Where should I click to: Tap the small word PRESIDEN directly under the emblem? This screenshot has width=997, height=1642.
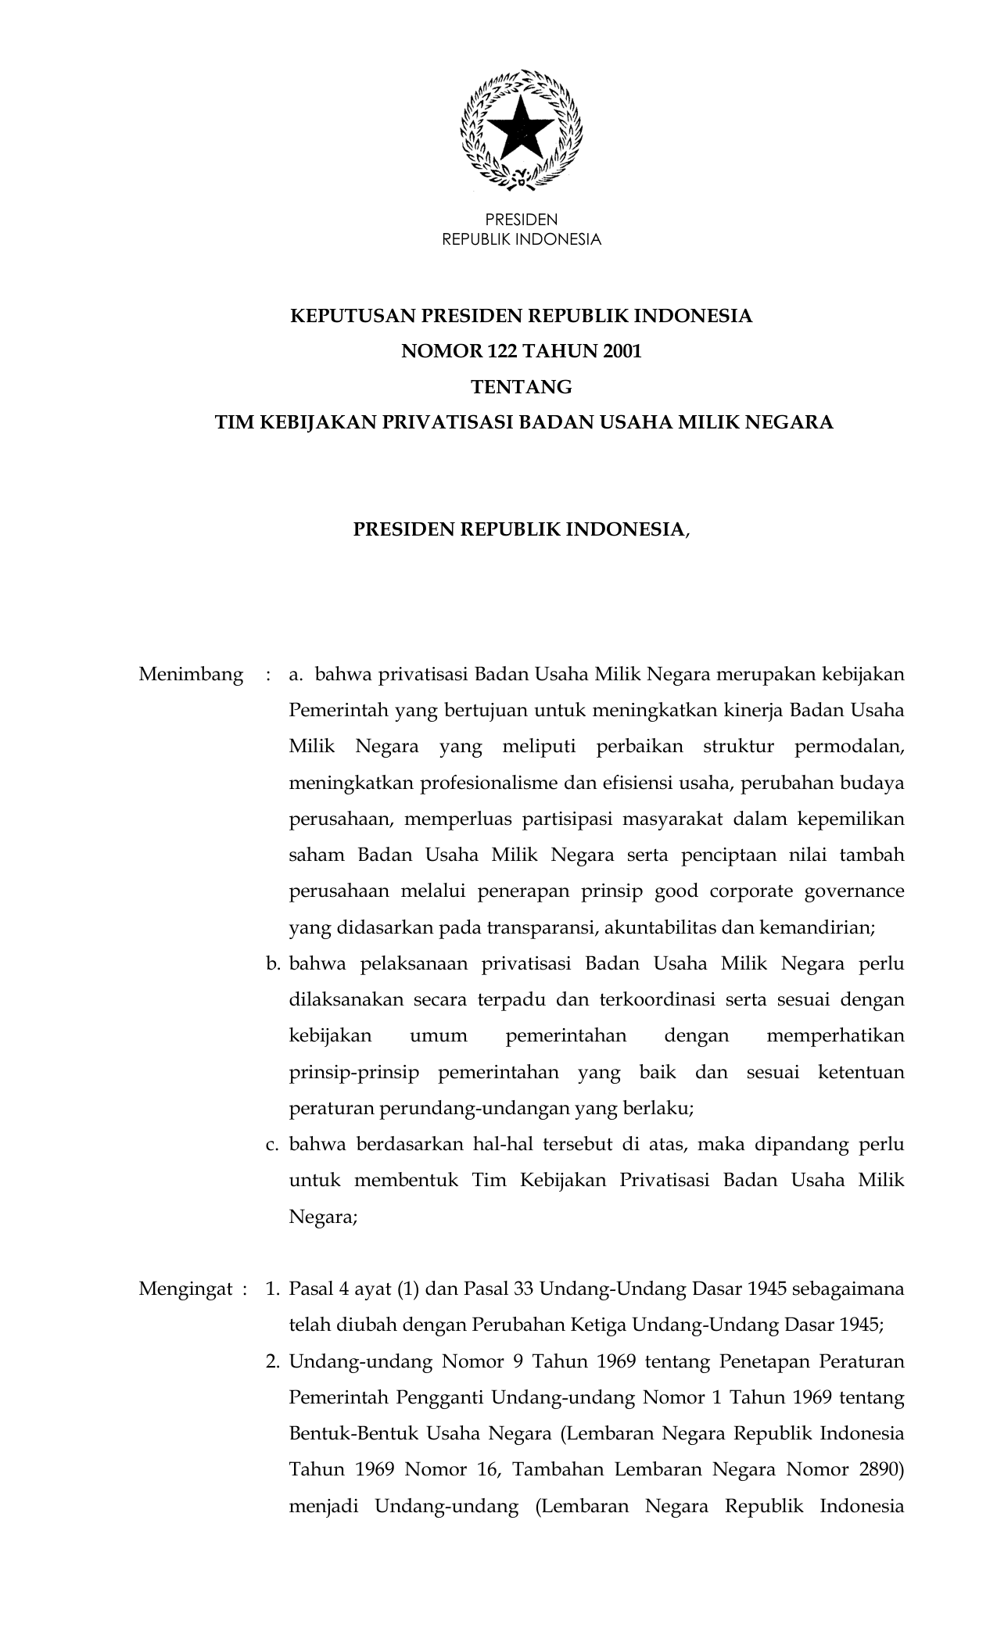click(x=522, y=220)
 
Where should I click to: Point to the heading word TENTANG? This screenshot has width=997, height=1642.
click(x=522, y=387)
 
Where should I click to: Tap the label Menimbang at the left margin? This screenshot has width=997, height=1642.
click(x=191, y=674)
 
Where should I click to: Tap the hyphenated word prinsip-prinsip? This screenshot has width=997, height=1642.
click(x=353, y=1072)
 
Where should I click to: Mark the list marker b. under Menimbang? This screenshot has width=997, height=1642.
click(x=273, y=963)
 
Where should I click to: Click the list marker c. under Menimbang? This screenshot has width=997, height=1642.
click(x=273, y=1145)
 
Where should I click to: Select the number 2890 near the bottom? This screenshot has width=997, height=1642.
click(x=881, y=1469)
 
